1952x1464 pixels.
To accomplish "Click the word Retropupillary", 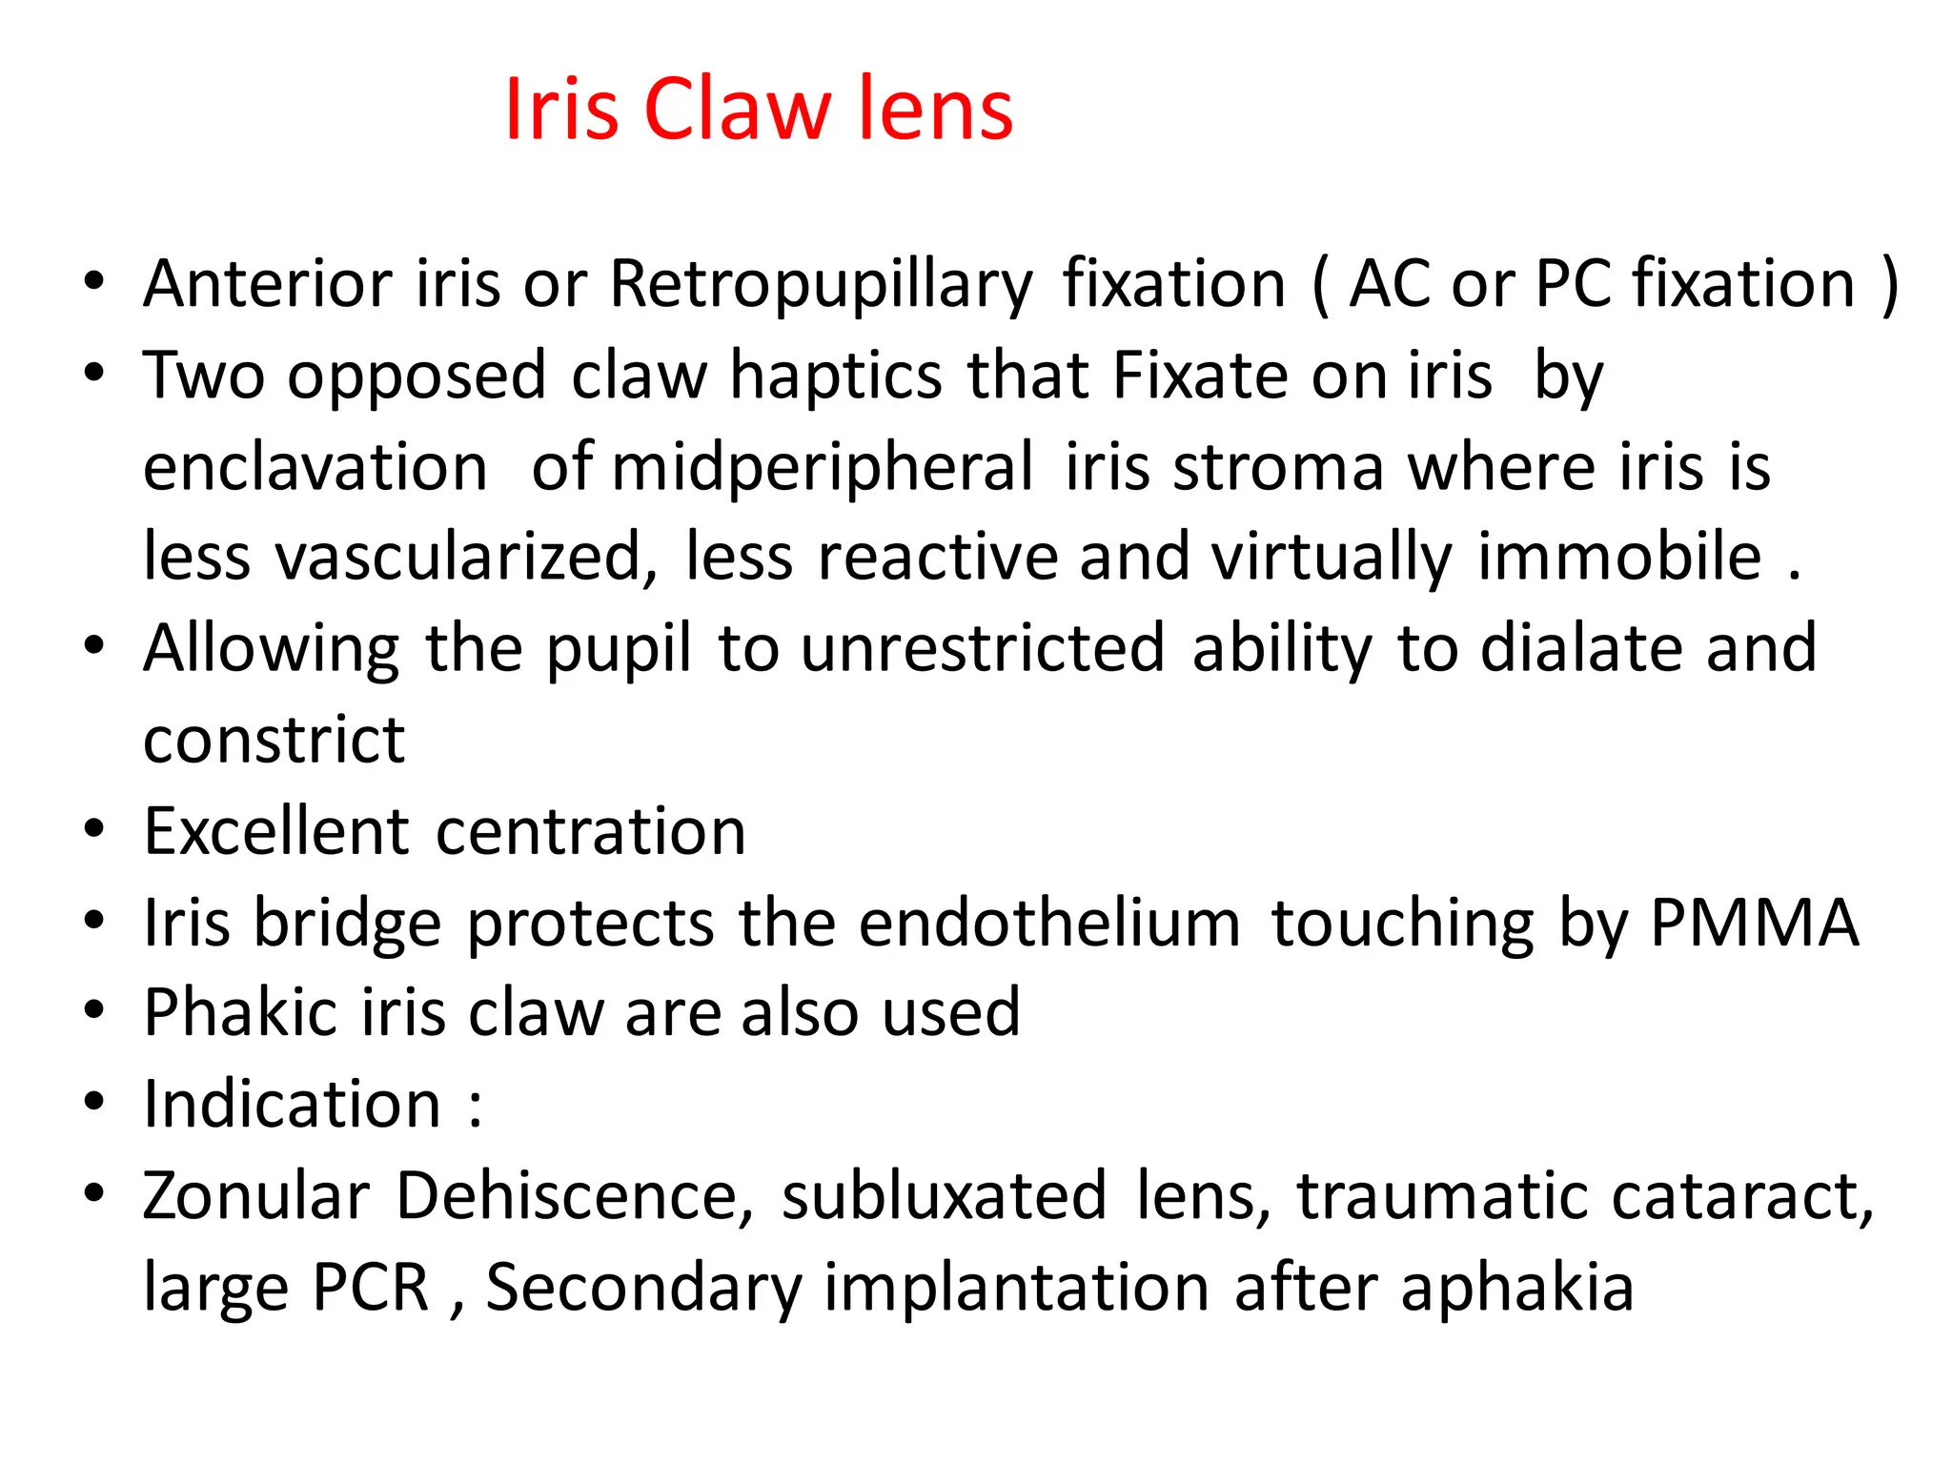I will point(821,285).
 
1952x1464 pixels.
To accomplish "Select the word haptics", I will point(836,376).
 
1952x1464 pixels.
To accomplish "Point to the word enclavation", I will point(315,467).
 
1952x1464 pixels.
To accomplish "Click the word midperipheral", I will point(822,467).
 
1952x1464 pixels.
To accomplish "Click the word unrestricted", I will point(983,648).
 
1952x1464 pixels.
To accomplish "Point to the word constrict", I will point(274,740).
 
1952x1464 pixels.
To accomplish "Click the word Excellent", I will point(277,831).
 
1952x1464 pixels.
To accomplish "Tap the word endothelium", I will point(1048,923).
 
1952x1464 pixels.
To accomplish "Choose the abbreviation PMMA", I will point(1755,923).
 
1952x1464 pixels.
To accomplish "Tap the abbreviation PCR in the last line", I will point(371,1287).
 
